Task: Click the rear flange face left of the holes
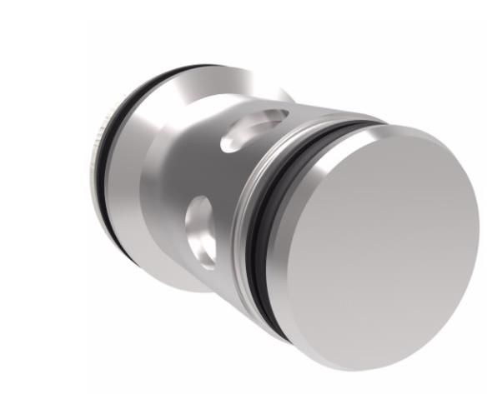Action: [x=150, y=183]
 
